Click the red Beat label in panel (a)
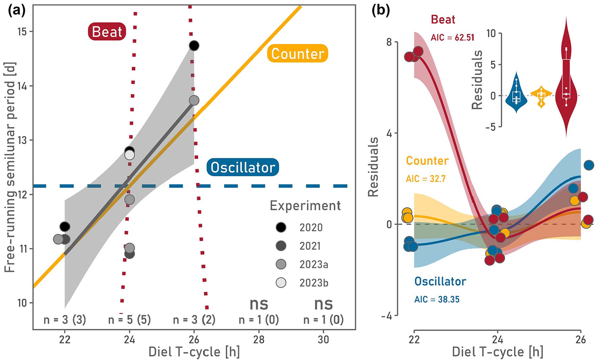coord(107,32)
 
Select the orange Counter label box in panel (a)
coord(297,53)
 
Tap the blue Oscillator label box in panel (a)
coord(243,167)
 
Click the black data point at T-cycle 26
coord(194,45)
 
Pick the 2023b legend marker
coord(281,283)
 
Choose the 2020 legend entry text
coord(311,228)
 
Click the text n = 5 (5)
coord(129,320)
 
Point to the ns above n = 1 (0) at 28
coord(259,303)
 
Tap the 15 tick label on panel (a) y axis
coord(23,32)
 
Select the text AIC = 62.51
coord(453,37)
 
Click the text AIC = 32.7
coord(426,179)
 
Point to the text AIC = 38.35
coord(437,299)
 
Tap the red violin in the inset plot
coord(566,77)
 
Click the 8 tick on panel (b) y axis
coord(389,42)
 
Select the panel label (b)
coord(381,11)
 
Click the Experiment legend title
coord(305,206)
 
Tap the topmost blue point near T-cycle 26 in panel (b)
coord(589,165)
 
